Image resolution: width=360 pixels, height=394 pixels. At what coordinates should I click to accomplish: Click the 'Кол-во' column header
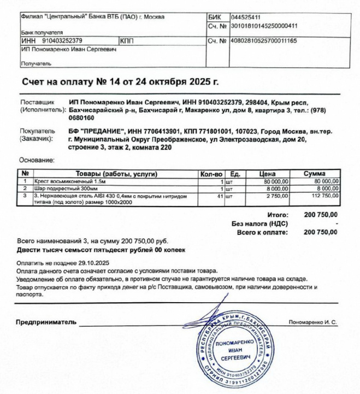pos(213,174)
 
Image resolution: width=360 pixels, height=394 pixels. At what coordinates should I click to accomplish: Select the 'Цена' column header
pos(271,174)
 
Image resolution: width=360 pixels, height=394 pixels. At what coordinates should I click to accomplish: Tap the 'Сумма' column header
pos(322,174)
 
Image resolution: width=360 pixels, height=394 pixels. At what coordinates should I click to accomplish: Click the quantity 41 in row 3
pos(221,194)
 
